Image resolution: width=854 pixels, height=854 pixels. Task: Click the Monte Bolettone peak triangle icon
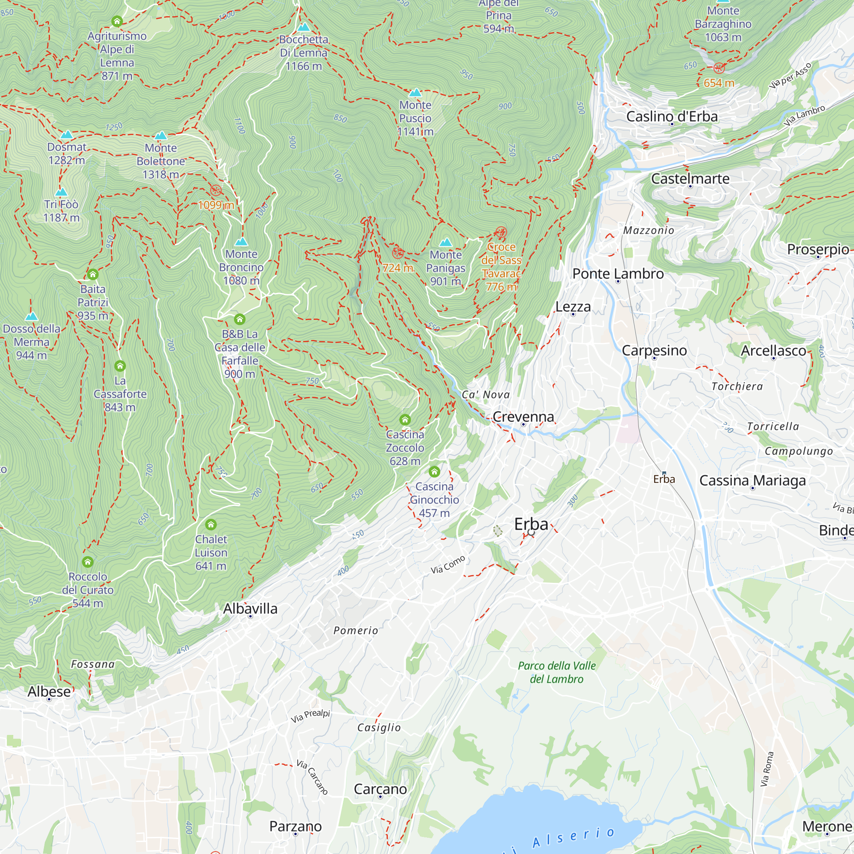point(161,135)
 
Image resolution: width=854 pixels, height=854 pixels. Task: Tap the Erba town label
point(531,524)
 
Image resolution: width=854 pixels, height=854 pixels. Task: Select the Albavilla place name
point(250,608)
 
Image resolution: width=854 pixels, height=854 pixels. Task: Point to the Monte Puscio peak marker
point(415,93)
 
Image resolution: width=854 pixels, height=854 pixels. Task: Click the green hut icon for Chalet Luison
point(211,525)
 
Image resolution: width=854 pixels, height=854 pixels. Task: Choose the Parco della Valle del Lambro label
point(556,673)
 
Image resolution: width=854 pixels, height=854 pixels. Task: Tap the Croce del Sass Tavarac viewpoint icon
point(500,232)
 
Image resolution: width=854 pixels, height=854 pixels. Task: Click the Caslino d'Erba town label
point(671,116)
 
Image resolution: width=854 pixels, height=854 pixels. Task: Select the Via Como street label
point(448,564)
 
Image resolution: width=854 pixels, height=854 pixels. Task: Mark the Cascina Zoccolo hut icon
point(405,419)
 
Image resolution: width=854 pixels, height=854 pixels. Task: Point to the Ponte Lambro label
point(617,274)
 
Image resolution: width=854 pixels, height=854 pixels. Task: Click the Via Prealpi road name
point(310,716)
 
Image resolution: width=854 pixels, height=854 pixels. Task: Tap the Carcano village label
point(380,789)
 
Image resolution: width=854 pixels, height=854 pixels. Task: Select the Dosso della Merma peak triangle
point(31,316)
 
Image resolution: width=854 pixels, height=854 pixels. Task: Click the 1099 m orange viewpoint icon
point(216,190)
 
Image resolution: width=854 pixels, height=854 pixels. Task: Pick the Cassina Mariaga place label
point(752,480)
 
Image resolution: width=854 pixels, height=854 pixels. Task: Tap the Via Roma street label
point(767,769)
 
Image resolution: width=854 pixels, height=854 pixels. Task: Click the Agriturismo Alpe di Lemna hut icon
point(117,21)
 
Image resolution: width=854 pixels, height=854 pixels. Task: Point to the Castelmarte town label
point(690,178)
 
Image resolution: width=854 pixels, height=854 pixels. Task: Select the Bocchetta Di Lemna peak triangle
point(304,27)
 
